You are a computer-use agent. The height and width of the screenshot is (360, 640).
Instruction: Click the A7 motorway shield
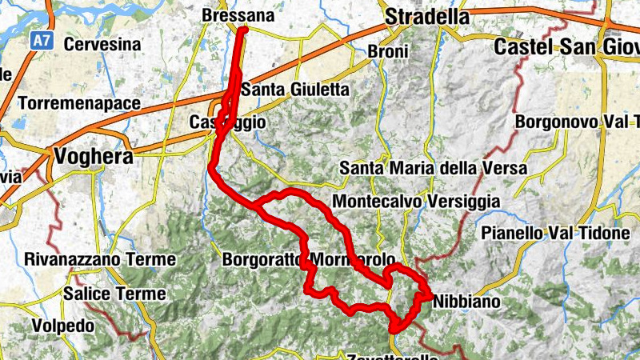point(42,40)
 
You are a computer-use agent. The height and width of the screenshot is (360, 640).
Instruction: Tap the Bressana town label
point(238,16)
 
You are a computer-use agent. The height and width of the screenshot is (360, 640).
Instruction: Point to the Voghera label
point(93,157)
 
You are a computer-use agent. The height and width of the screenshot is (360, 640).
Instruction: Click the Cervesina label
point(102,45)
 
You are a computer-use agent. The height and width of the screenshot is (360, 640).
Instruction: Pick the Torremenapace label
point(78,104)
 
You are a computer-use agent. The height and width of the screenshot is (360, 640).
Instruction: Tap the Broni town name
point(388,52)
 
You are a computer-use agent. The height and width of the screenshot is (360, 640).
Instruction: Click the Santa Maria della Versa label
point(433,169)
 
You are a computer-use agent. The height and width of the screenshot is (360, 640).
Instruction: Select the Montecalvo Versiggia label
point(415,201)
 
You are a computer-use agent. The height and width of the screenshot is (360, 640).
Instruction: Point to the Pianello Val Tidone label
point(556,233)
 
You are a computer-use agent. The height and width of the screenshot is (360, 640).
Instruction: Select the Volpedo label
point(63,326)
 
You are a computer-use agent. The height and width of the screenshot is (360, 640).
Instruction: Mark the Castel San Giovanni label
point(566,46)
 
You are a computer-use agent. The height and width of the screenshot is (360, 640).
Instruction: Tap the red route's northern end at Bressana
point(242,30)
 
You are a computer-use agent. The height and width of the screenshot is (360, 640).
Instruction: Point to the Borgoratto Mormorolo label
point(308,261)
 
